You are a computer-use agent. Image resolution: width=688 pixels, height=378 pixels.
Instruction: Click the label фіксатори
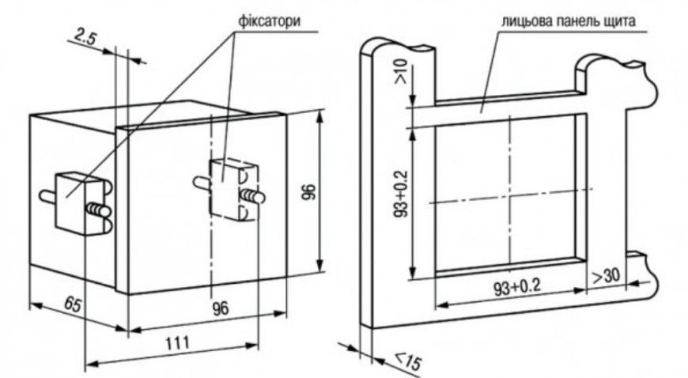click(270, 21)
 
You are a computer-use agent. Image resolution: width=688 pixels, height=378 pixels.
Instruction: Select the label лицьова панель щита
click(569, 21)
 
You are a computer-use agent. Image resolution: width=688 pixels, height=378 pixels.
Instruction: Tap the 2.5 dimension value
click(85, 38)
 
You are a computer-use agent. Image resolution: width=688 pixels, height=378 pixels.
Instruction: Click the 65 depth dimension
click(73, 304)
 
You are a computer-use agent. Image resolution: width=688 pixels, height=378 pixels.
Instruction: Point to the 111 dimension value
click(178, 342)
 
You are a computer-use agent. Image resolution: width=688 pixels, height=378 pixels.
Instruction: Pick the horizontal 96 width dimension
click(221, 308)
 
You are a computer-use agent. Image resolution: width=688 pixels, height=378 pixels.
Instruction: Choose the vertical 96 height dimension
click(309, 191)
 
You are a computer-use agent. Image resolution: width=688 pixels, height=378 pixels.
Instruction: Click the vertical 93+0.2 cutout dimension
click(402, 193)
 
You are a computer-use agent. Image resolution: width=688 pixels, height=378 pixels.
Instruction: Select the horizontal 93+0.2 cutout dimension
click(517, 288)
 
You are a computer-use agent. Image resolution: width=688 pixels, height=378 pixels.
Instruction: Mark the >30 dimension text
click(607, 276)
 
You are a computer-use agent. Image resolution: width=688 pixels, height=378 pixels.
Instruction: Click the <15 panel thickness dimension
click(408, 361)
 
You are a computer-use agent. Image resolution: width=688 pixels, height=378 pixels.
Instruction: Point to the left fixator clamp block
click(71, 202)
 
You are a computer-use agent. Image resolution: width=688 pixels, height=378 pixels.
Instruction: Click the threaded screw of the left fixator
click(99, 210)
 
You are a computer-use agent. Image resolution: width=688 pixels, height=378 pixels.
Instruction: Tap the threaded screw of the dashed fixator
click(252, 196)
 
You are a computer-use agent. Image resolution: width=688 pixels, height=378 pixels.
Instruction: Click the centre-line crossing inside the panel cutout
click(510, 197)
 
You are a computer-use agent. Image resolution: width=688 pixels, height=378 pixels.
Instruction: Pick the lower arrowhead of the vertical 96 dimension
click(319, 266)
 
